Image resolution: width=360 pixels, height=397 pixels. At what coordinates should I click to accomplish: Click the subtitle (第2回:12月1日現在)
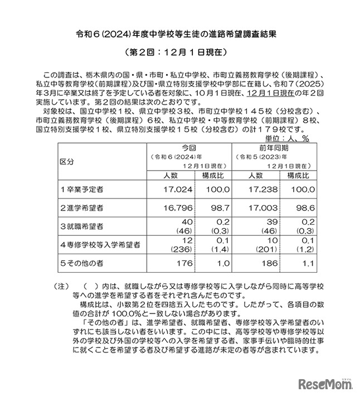[179, 54]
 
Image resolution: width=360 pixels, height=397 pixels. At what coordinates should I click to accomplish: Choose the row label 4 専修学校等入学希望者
[100, 244]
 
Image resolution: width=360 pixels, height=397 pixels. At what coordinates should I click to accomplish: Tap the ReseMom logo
[325, 384]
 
